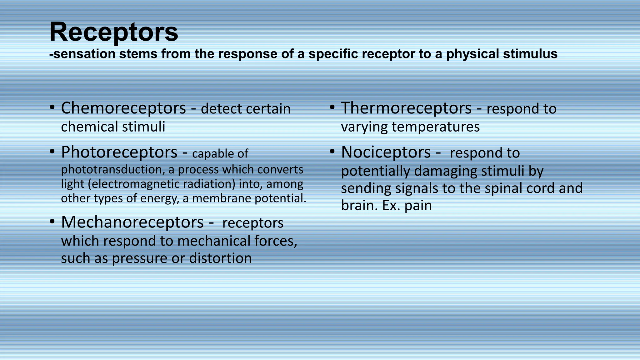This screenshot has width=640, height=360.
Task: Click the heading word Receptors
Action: pos(114,32)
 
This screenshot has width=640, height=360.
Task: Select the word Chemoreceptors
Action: pos(123,108)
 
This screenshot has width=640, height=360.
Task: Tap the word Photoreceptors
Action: pos(119,152)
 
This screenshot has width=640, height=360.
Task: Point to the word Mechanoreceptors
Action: pos(132,222)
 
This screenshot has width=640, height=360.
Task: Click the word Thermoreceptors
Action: pos(406,108)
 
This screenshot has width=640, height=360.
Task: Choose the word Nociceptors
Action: pos(386,152)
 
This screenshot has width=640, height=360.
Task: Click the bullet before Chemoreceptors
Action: pos(52,108)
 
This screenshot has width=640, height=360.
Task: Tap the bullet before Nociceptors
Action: pos(332,152)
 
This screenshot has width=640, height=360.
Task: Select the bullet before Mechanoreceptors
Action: pos(52,222)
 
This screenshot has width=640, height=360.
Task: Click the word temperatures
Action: pos(436,127)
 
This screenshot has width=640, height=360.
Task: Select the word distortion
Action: pos(220,258)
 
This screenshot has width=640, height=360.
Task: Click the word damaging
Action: pos(445,171)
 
